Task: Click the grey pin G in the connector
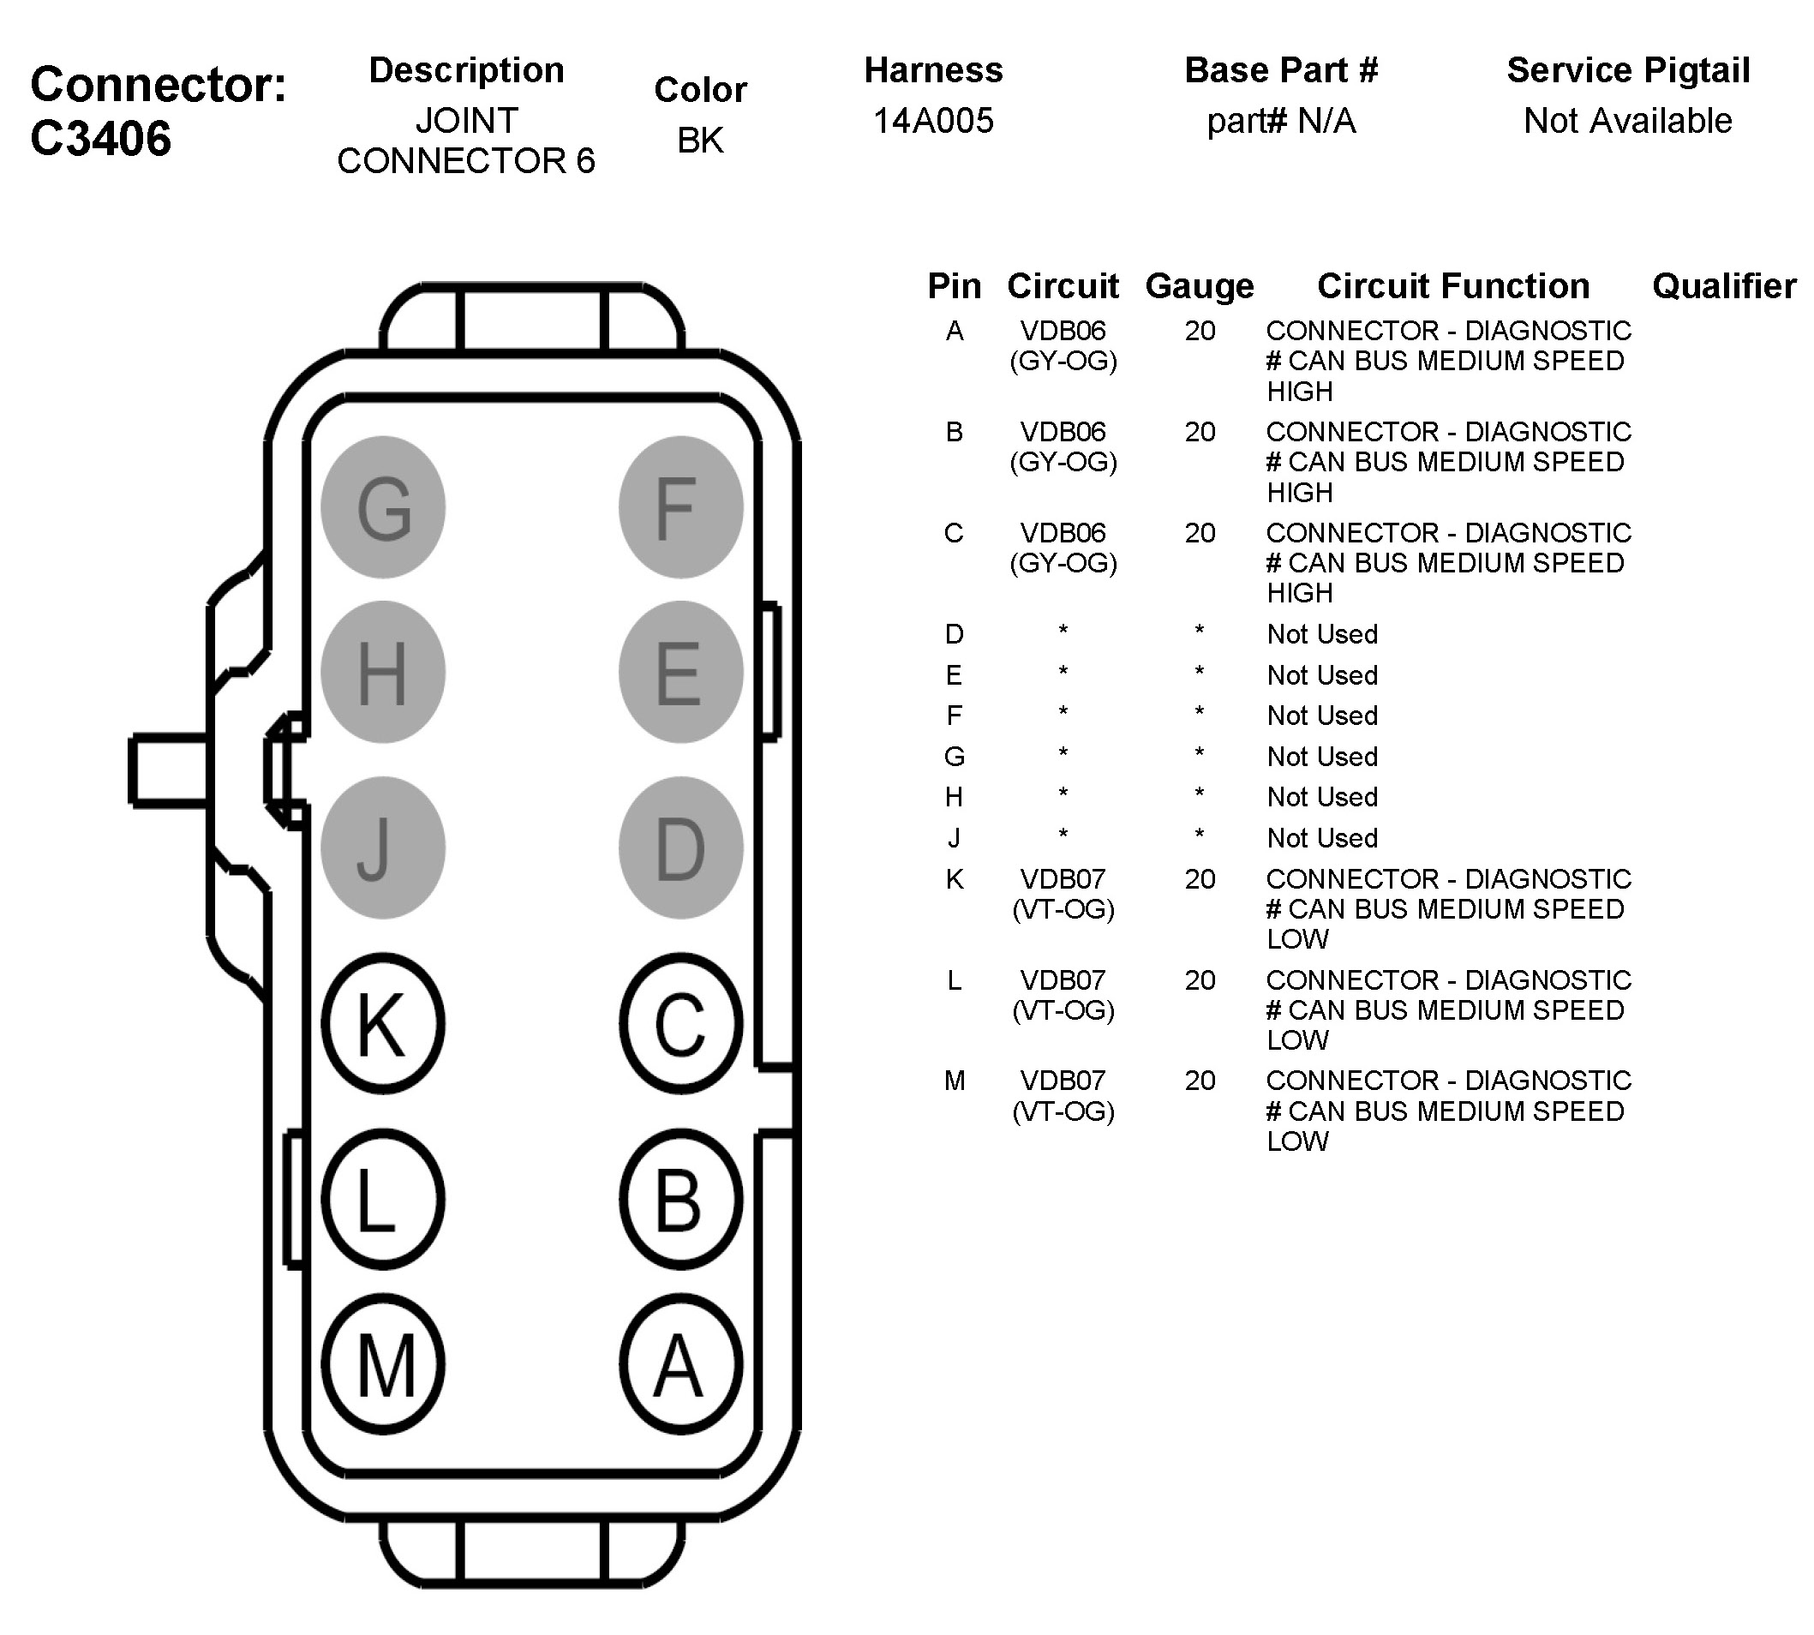click(383, 507)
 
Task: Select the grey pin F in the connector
click(680, 507)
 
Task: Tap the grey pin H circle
click(383, 672)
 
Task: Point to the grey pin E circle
click(680, 672)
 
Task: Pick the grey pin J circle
click(383, 847)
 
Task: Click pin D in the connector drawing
click(680, 847)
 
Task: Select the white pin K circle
click(383, 1023)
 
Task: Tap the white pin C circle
click(680, 1023)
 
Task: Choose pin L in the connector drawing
click(383, 1200)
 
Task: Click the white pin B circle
click(680, 1200)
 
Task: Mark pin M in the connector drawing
click(383, 1364)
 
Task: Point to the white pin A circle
click(680, 1364)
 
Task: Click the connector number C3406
click(100, 139)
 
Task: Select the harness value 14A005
click(933, 120)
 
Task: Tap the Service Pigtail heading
click(1628, 70)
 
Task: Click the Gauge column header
click(1200, 285)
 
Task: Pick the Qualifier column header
click(1724, 285)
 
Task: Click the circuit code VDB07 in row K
click(1063, 878)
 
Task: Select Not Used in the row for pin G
click(1321, 757)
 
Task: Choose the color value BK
click(700, 141)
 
